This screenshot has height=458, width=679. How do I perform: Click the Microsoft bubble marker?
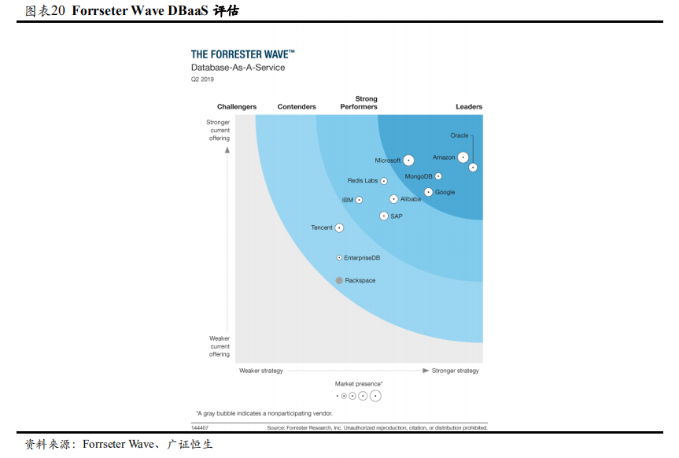[408, 161]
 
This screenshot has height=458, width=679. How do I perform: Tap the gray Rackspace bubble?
[339, 280]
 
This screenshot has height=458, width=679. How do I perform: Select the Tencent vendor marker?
[339, 227]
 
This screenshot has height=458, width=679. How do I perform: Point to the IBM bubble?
[359, 200]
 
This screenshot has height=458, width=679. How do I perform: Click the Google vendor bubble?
[429, 192]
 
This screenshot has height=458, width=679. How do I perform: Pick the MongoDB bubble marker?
[438, 176]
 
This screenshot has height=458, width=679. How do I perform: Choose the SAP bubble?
[384, 216]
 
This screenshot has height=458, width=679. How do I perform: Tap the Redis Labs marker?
[384, 181]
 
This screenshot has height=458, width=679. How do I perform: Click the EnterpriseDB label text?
[362, 257]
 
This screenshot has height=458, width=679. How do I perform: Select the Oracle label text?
[459, 135]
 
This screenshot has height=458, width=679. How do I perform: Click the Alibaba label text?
[410, 199]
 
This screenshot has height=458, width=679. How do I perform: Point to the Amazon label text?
[444, 157]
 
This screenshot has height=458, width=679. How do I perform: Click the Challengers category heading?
[237, 107]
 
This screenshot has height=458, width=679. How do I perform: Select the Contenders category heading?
[297, 107]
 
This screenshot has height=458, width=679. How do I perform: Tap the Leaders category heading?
[469, 107]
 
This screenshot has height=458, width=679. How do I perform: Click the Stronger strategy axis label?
[456, 371]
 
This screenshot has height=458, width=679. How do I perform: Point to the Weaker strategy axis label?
[261, 371]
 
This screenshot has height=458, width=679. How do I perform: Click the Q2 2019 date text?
[202, 79]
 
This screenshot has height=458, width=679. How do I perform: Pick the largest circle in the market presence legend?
[375, 396]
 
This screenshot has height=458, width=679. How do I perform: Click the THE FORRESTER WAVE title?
[243, 54]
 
